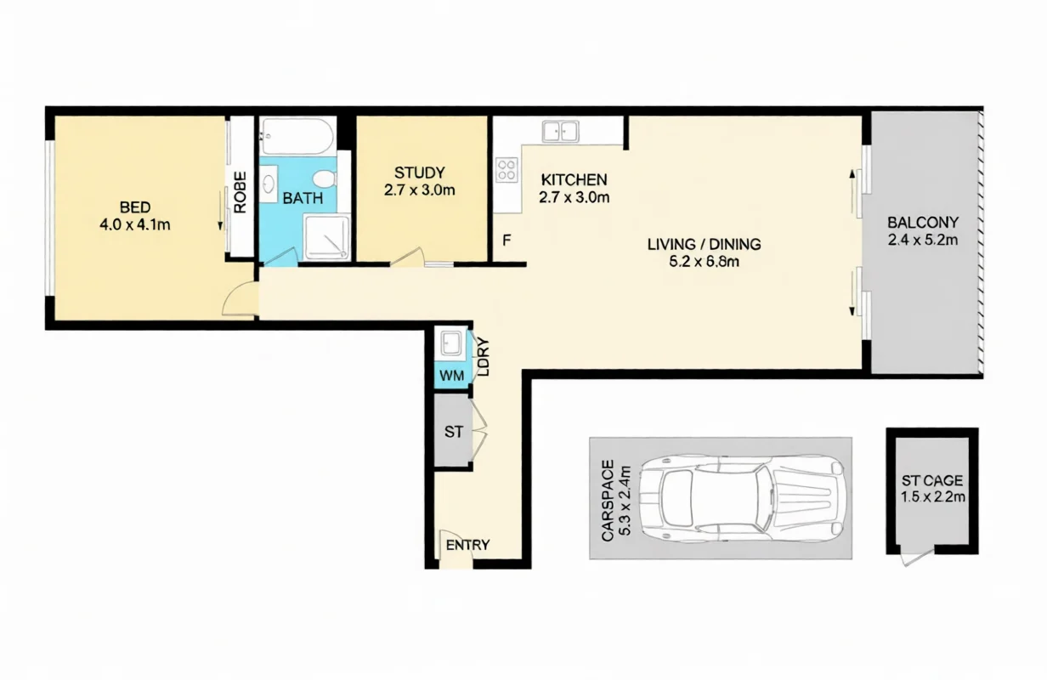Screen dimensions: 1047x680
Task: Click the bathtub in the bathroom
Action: (297, 136)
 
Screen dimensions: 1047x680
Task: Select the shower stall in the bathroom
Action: (326, 237)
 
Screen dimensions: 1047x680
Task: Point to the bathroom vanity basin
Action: (269, 184)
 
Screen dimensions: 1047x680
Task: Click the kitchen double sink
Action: (560, 132)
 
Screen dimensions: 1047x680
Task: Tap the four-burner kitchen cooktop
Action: (507, 170)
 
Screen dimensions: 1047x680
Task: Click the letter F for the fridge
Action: (507, 241)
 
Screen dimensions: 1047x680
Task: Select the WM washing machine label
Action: (451, 376)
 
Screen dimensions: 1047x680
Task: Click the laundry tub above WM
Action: (450, 343)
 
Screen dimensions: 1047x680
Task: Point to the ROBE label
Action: (240, 193)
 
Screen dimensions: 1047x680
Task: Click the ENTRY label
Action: (467, 545)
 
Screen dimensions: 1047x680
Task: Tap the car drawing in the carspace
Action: (742, 498)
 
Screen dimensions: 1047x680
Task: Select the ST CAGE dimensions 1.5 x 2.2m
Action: (932, 496)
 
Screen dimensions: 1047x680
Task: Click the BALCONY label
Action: (923, 222)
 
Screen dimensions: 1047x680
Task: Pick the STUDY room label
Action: (419, 173)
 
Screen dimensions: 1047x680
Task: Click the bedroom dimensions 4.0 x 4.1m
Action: (134, 224)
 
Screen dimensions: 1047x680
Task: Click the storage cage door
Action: (918, 558)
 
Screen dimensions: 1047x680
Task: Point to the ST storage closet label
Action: (454, 432)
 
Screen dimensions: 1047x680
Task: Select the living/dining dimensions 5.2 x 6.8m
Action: (704, 261)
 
